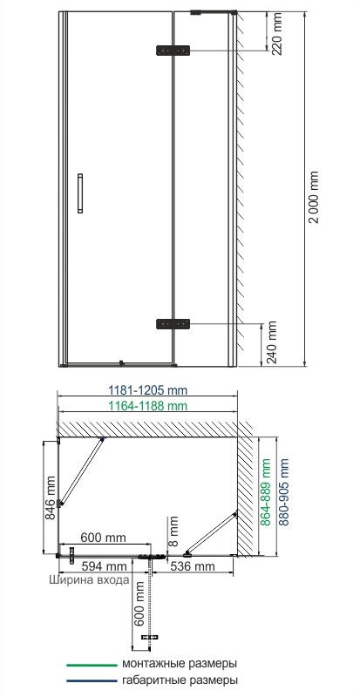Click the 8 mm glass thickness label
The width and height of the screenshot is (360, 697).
(x=173, y=526)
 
